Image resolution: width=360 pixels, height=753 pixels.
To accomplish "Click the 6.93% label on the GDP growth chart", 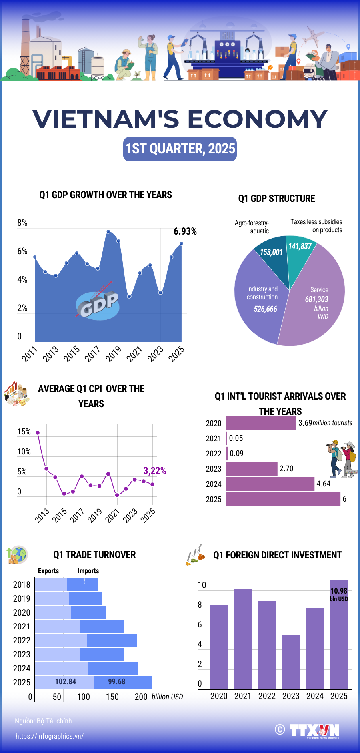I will point(185,231).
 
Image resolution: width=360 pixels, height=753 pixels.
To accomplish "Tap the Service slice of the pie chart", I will point(316,304).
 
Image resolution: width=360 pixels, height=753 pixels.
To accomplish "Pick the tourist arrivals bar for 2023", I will point(252,469).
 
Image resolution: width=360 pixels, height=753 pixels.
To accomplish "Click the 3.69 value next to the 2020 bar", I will point(305,423).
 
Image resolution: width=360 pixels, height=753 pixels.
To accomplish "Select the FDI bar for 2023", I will point(291,661).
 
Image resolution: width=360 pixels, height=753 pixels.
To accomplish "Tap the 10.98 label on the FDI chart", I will point(339,591).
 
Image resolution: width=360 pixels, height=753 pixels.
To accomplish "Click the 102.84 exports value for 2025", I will point(65,682).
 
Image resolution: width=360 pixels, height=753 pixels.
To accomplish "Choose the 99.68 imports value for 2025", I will point(116,682).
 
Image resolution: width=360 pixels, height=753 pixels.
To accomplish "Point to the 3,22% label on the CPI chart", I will point(154,471).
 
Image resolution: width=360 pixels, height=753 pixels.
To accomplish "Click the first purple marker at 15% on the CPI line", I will point(38,433).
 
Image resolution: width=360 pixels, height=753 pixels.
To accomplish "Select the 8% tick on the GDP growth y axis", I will point(22,223).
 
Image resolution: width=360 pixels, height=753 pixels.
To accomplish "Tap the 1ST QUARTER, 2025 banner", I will point(180,149).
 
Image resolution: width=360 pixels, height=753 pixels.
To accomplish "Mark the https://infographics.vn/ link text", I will point(50,736).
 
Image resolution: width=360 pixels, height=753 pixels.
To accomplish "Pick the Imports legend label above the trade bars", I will point(88,571).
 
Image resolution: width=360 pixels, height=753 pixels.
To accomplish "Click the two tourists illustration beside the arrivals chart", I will point(342,460).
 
